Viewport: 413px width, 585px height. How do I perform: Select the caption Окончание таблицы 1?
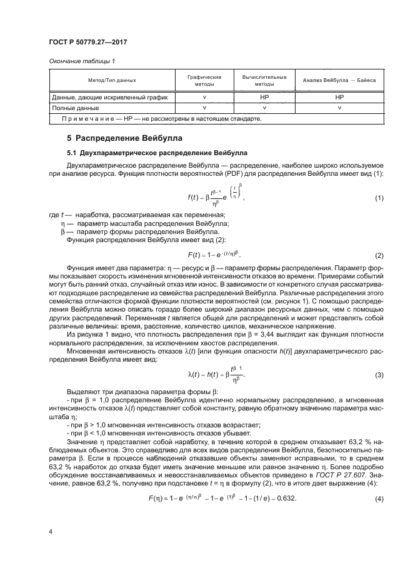(x=81, y=61)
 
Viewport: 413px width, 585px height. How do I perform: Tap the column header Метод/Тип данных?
(x=112, y=81)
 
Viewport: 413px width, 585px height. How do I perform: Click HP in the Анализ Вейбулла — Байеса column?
(x=339, y=98)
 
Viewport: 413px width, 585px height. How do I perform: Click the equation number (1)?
(x=379, y=198)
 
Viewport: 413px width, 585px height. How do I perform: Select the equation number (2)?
(x=379, y=256)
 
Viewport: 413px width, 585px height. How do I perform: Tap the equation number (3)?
(x=379, y=375)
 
